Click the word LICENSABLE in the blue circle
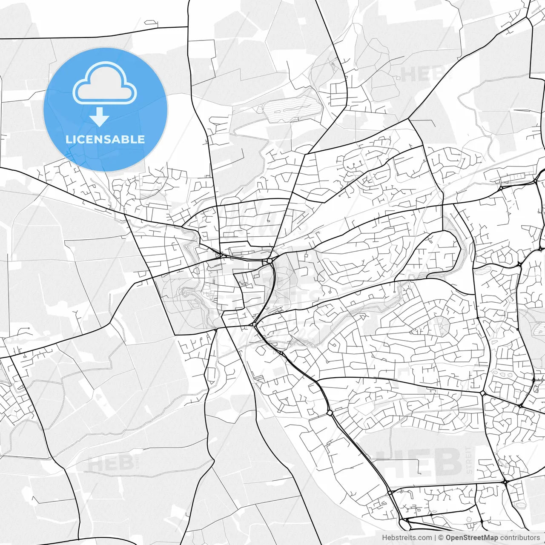[105, 139]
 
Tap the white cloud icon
[105, 83]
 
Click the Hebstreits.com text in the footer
[407, 537]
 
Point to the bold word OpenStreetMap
[472, 537]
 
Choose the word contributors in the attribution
[520, 537]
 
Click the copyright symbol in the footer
[441, 537]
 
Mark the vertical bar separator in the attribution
[435, 537]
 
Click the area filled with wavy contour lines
[290, 109]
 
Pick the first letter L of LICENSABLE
[69, 139]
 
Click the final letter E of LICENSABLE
[142, 139]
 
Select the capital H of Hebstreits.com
[384, 537]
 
